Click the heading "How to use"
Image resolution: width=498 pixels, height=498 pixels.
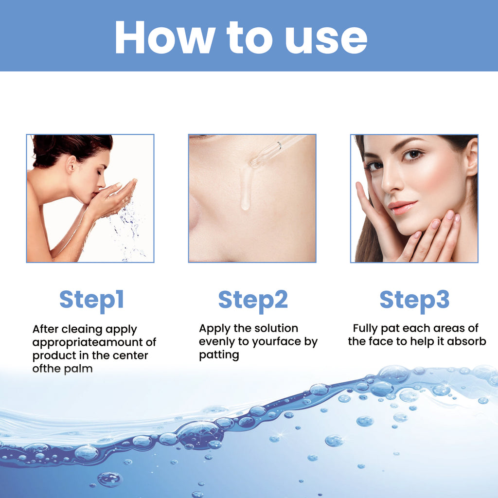coord(241,37)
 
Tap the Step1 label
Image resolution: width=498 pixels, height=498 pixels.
coord(91,300)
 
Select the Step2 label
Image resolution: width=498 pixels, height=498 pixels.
coord(253,300)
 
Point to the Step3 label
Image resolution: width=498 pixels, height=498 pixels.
coord(414,300)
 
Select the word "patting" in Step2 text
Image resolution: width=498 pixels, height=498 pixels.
coord(219,355)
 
